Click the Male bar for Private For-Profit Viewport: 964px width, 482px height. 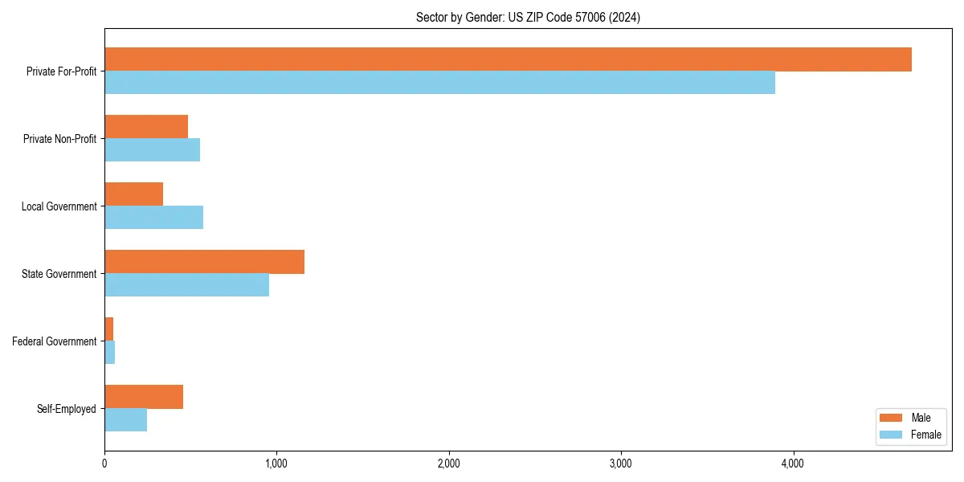pos(508,59)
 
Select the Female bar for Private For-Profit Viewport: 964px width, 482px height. pos(439,83)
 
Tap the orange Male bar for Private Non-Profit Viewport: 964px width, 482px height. pos(146,127)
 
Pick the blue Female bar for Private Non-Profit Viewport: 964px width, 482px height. pos(152,150)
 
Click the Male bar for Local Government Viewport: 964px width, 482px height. pos(133,194)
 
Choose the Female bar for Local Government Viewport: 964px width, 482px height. pos(153,218)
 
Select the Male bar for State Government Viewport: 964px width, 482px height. pos(204,262)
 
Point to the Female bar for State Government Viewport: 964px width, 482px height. pos(186,285)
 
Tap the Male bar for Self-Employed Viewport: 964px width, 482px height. pos(144,397)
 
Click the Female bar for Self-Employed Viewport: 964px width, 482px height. pos(125,420)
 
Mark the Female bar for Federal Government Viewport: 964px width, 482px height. pos(110,353)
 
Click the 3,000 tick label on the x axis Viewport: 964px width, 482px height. pos(621,464)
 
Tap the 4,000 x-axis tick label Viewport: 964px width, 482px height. pos(793,464)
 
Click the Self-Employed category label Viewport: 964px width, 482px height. pos(67,409)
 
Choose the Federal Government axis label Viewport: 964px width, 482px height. pos(55,341)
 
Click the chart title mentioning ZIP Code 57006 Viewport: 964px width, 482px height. pos(528,17)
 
